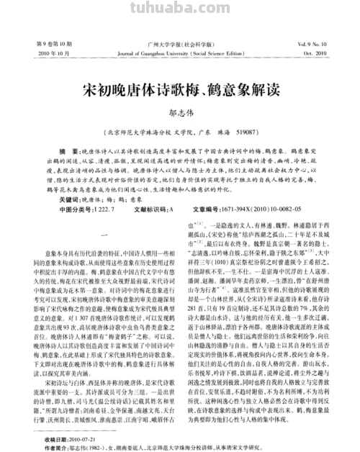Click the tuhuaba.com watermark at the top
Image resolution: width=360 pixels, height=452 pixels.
(180, 9)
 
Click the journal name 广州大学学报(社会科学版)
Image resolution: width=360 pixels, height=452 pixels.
(180, 45)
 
